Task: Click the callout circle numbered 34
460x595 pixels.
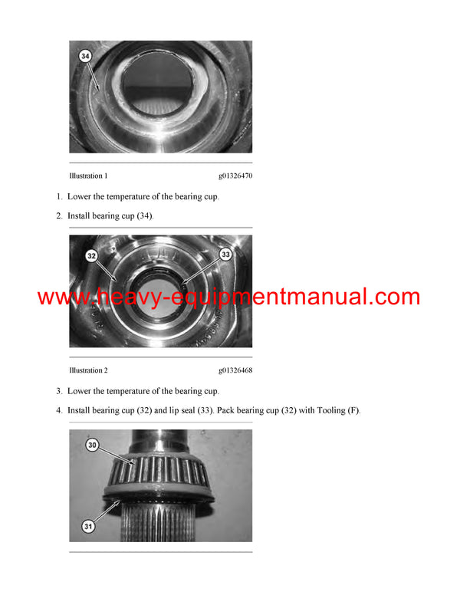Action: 84,55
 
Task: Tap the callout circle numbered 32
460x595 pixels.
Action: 92,256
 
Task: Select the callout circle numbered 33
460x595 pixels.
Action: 225,253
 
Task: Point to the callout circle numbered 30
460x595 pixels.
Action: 92,444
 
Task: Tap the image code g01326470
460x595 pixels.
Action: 235,176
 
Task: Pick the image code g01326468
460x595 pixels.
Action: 235,370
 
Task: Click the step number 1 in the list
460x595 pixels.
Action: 59,196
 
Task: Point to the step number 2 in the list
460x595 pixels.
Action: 59,216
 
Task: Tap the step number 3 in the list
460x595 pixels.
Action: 59,391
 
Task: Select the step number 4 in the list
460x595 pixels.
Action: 59,411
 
